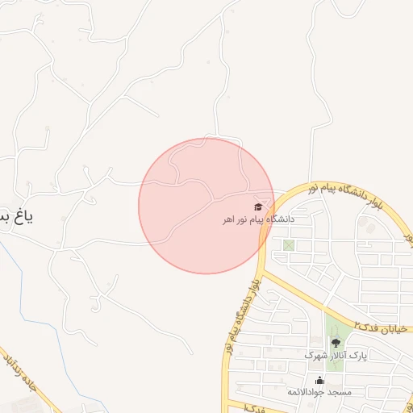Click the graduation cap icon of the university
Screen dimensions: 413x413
pos(258,207)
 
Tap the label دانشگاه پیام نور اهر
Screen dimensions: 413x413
pos(260,219)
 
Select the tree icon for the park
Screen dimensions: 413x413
pos(336,343)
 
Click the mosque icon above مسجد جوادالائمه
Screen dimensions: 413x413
pos(320,381)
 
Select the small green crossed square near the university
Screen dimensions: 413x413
pos(289,245)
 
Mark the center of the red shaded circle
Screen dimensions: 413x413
pos(206,206)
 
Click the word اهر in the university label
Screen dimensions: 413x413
pos(232,219)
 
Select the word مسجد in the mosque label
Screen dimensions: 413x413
pos(340,392)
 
